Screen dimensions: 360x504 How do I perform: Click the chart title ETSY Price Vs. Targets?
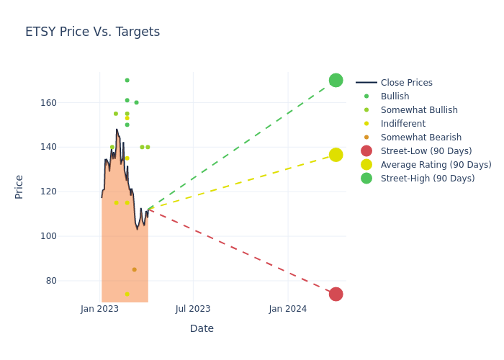pos(92,32)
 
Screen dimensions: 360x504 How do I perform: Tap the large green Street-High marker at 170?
pos(336,80)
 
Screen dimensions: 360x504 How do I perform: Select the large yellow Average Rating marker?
pos(336,155)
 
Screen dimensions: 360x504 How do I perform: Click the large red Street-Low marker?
pos(336,294)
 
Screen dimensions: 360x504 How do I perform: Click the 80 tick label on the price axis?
pos(91,281)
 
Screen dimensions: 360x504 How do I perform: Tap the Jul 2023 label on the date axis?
pos(193,309)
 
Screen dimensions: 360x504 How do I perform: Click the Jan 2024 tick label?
pos(288,309)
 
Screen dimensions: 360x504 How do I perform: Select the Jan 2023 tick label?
pos(99,309)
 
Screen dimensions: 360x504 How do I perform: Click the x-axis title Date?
pos(202,328)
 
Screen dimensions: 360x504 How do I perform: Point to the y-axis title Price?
pos(19,186)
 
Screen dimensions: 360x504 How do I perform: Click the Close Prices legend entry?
pos(406,83)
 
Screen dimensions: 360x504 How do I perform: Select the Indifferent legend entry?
pos(402,124)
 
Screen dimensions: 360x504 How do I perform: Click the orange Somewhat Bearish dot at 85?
pos(134,269)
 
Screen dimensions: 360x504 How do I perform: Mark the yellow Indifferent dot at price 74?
pos(127,294)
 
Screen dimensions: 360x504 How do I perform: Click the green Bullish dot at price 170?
pos(127,80)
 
